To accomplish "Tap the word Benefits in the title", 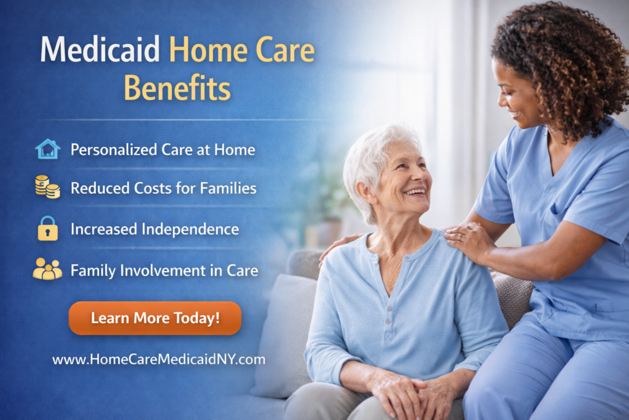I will pyautogui.click(x=177, y=88).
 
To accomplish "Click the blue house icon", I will pyautogui.click(x=48, y=149).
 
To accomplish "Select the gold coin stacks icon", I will pyautogui.click(x=47, y=187).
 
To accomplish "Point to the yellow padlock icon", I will pyautogui.click(x=47, y=229).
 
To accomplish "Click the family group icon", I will pyautogui.click(x=47, y=269).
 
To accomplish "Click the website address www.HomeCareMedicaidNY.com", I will pyautogui.click(x=158, y=360).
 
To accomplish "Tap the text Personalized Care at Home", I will pyautogui.click(x=162, y=149).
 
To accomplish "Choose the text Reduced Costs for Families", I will pyautogui.click(x=163, y=188).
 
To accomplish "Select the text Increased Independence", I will pyautogui.click(x=154, y=229).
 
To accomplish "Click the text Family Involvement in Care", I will pyautogui.click(x=164, y=270).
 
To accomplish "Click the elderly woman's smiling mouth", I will pyautogui.click(x=416, y=192).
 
